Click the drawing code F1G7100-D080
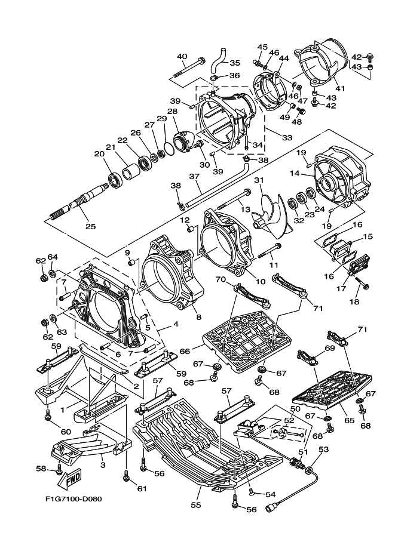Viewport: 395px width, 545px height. (x=74, y=499)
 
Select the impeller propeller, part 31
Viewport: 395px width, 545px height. (x=272, y=213)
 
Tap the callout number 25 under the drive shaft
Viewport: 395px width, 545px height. (x=90, y=227)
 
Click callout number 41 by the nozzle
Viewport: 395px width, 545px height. (x=339, y=88)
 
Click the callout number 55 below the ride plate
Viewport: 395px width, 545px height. (x=196, y=504)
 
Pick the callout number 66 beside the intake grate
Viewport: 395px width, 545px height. (x=185, y=352)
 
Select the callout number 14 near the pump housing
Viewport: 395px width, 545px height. (x=295, y=174)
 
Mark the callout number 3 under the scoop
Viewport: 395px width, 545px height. (x=103, y=464)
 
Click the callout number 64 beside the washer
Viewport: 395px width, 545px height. (x=53, y=257)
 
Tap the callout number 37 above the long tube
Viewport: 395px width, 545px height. (x=194, y=176)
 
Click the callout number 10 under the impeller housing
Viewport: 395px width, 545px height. (x=261, y=282)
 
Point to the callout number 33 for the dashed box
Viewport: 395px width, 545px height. (x=287, y=138)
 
